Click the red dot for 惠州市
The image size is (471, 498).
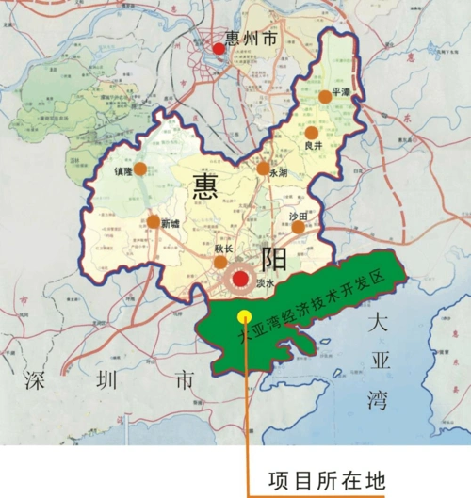[219, 48]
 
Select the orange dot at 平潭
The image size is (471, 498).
[325, 96]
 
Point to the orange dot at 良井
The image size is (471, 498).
[311, 133]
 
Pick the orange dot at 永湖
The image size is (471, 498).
[264, 169]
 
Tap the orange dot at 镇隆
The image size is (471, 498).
[139, 169]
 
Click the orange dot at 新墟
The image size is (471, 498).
[154, 222]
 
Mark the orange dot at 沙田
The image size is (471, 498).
[298, 227]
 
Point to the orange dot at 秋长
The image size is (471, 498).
[220, 261]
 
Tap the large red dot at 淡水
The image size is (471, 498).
[241, 279]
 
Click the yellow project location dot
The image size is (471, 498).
[244, 316]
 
